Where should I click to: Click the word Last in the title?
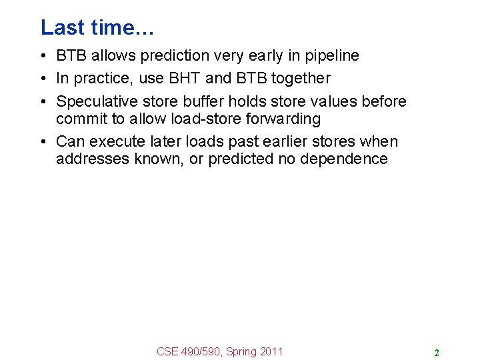[x=61, y=27]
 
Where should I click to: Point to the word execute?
[x=115, y=141]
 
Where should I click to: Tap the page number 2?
[x=436, y=353]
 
